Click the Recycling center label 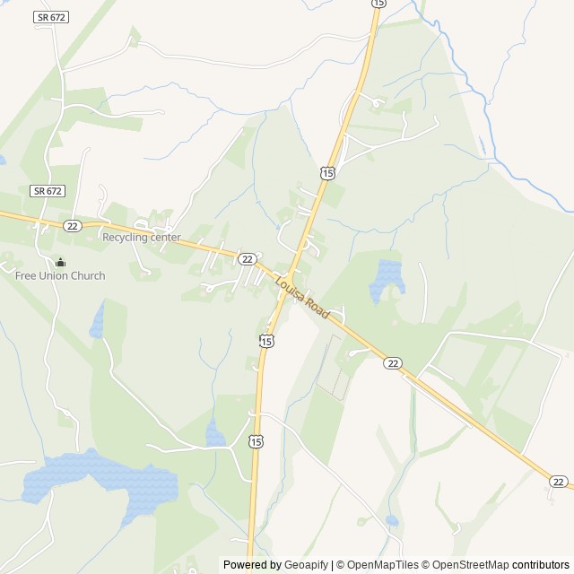click(x=141, y=238)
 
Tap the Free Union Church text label click(x=60, y=275)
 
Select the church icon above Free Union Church click(x=60, y=262)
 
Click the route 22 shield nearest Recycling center click(x=73, y=226)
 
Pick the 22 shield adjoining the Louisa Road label click(x=248, y=258)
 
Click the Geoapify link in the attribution click(x=306, y=565)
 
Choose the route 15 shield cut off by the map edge click(x=378, y=4)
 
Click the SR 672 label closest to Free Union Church click(x=48, y=191)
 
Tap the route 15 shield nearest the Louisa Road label click(x=266, y=340)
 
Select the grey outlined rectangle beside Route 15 click(x=334, y=368)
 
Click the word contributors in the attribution click(x=541, y=565)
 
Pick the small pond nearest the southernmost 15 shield click(x=216, y=436)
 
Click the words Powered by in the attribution click(x=251, y=565)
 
